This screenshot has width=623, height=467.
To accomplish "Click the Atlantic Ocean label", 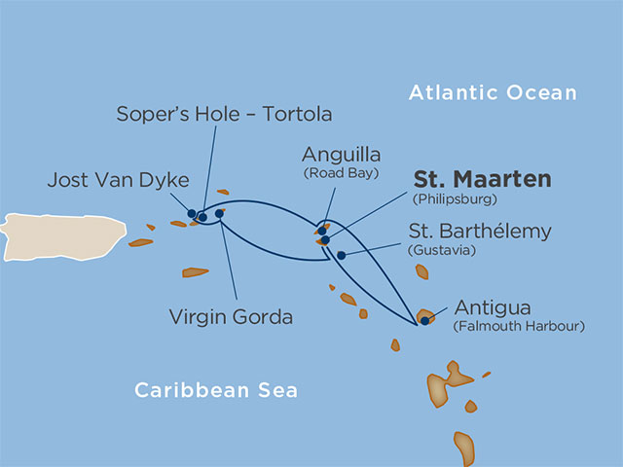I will tap(493, 93).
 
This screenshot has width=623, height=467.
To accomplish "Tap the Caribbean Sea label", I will tap(215, 391).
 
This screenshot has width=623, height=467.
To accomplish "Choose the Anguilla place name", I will tap(341, 155).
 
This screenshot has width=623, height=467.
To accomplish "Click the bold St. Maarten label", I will tap(482, 180).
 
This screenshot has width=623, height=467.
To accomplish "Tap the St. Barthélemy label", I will tap(482, 232).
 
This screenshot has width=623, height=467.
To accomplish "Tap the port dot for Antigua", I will tap(425, 318).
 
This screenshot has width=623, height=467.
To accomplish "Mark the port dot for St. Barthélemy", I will tap(341, 255).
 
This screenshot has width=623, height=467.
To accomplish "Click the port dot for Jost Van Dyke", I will tap(192, 213).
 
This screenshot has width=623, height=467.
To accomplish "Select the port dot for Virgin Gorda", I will tap(219, 213).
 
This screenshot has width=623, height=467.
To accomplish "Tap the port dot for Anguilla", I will tap(322, 231).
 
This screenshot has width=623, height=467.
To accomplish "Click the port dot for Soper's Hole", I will tap(202, 216).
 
